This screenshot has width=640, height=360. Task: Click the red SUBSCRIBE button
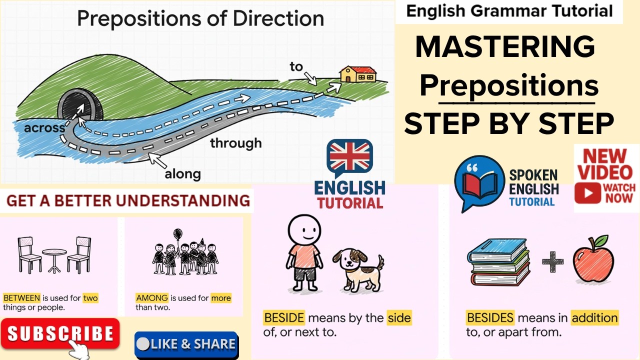(60, 333)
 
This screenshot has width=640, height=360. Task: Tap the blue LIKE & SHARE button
(186, 344)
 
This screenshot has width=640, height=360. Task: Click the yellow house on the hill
(358, 74)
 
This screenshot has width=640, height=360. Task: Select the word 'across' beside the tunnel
(44, 128)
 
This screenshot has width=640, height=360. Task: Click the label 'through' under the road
(235, 143)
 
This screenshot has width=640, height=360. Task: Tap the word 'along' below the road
(182, 174)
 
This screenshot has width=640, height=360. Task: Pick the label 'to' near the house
(296, 66)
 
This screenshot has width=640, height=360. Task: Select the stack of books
(498, 261)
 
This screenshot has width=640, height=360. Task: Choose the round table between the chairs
(54, 258)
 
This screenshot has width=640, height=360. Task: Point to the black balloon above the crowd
(177, 234)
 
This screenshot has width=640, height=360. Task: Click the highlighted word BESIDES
(490, 317)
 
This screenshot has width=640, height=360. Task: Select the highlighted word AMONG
(152, 298)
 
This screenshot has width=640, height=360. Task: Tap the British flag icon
(350, 156)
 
